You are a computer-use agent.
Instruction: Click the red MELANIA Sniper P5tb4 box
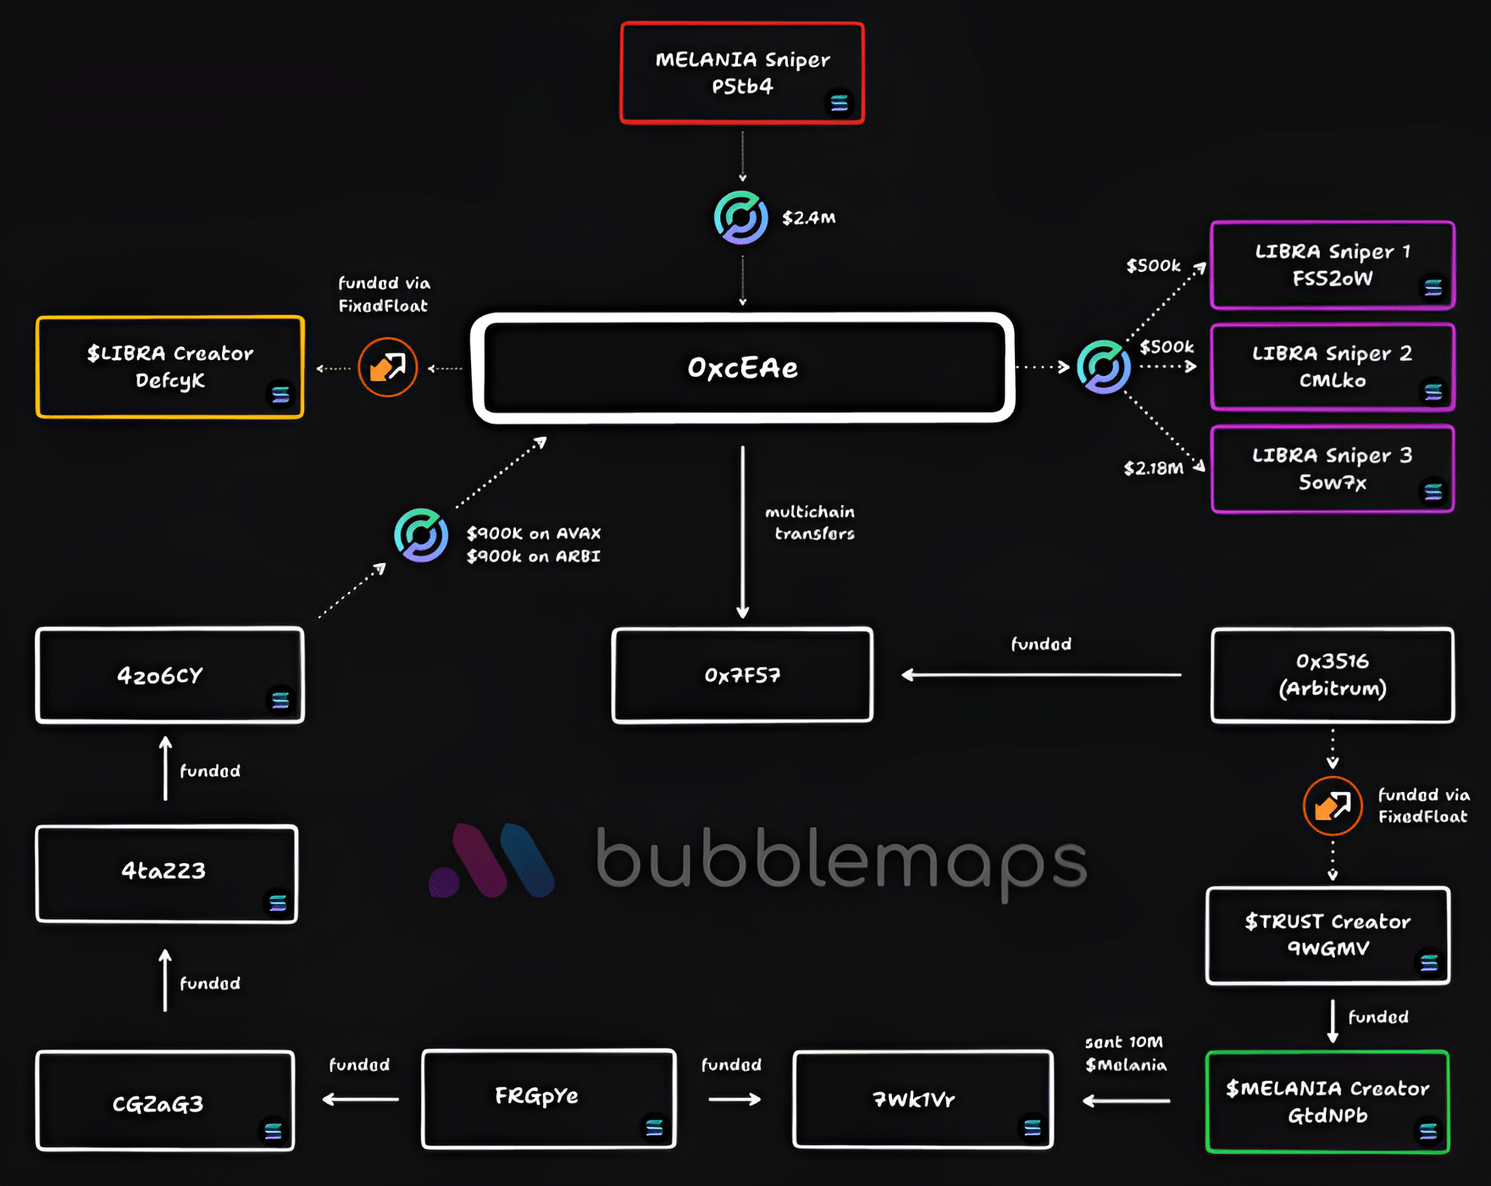pyautogui.click(x=742, y=74)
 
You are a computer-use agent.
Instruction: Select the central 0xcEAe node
pyautogui.click(x=743, y=368)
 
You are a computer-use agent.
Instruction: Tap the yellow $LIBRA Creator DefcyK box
pyautogui.click(x=169, y=367)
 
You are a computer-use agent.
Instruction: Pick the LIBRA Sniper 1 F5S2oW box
pyautogui.click(x=1333, y=265)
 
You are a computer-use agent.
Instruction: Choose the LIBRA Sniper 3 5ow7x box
pyautogui.click(x=1333, y=469)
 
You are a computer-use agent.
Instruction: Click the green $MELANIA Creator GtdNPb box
pyautogui.click(x=1327, y=1101)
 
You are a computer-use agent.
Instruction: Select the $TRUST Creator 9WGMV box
pyautogui.click(x=1327, y=935)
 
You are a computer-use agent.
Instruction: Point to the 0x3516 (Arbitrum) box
pyautogui.click(x=1333, y=675)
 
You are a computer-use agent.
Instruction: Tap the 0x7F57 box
pyautogui.click(x=742, y=675)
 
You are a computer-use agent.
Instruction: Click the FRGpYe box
pyautogui.click(x=548, y=1099)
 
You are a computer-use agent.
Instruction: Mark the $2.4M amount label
pyautogui.click(x=808, y=219)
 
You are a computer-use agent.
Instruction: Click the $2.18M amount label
pyautogui.click(x=1153, y=468)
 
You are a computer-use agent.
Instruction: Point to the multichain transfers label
pyautogui.click(x=811, y=523)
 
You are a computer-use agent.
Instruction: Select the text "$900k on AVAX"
pyautogui.click(x=534, y=534)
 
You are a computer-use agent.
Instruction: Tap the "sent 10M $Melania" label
pyautogui.click(x=1125, y=1054)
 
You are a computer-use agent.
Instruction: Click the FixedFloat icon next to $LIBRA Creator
pyautogui.click(x=388, y=368)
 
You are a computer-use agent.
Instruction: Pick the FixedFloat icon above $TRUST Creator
pyautogui.click(x=1333, y=806)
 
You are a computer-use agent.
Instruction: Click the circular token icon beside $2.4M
pyautogui.click(x=741, y=218)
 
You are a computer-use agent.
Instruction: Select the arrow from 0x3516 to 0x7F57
pyautogui.click(x=1041, y=675)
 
